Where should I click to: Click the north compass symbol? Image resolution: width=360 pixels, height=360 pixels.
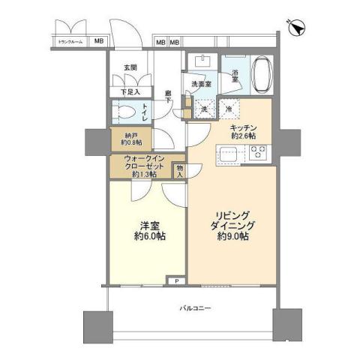pyautogui.click(x=299, y=28)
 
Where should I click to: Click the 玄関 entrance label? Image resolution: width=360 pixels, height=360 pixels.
pyautogui.click(x=130, y=68)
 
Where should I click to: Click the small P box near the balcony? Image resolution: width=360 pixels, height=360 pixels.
pyautogui.click(x=175, y=281)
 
